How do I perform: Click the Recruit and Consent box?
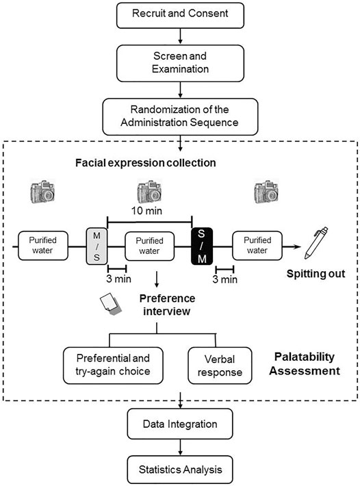click(x=180, y=16)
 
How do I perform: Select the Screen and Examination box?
click(x=180, y=63)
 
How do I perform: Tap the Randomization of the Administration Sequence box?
click(x=180, y=117)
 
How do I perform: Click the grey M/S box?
click(x=97, y=246)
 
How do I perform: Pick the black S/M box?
click(x=202, y=246)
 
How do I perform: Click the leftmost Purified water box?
click(x=43, y=246)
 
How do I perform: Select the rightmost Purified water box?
click(x=257, y=246)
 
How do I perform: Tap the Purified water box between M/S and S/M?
click(x=149, y=246)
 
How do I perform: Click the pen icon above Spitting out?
click(x=316, y=243)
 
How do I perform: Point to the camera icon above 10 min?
click(x=150, y=192)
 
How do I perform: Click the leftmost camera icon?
click(x=42, y=192)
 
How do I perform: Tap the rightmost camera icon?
click(x=266, y=192)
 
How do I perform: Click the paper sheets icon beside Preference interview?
click(x=111, y=305)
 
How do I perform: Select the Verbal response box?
click(x=220, y=366)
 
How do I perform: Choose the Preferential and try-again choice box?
click(x=113, y=366)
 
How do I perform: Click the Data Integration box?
click(x=180, y=424)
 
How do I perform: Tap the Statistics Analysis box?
click(x=180, y=470)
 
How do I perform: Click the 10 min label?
click(x=146, y=211)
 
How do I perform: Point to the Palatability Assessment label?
click(x=305, y=364)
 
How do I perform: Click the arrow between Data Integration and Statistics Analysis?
click(x=180, y=447)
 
